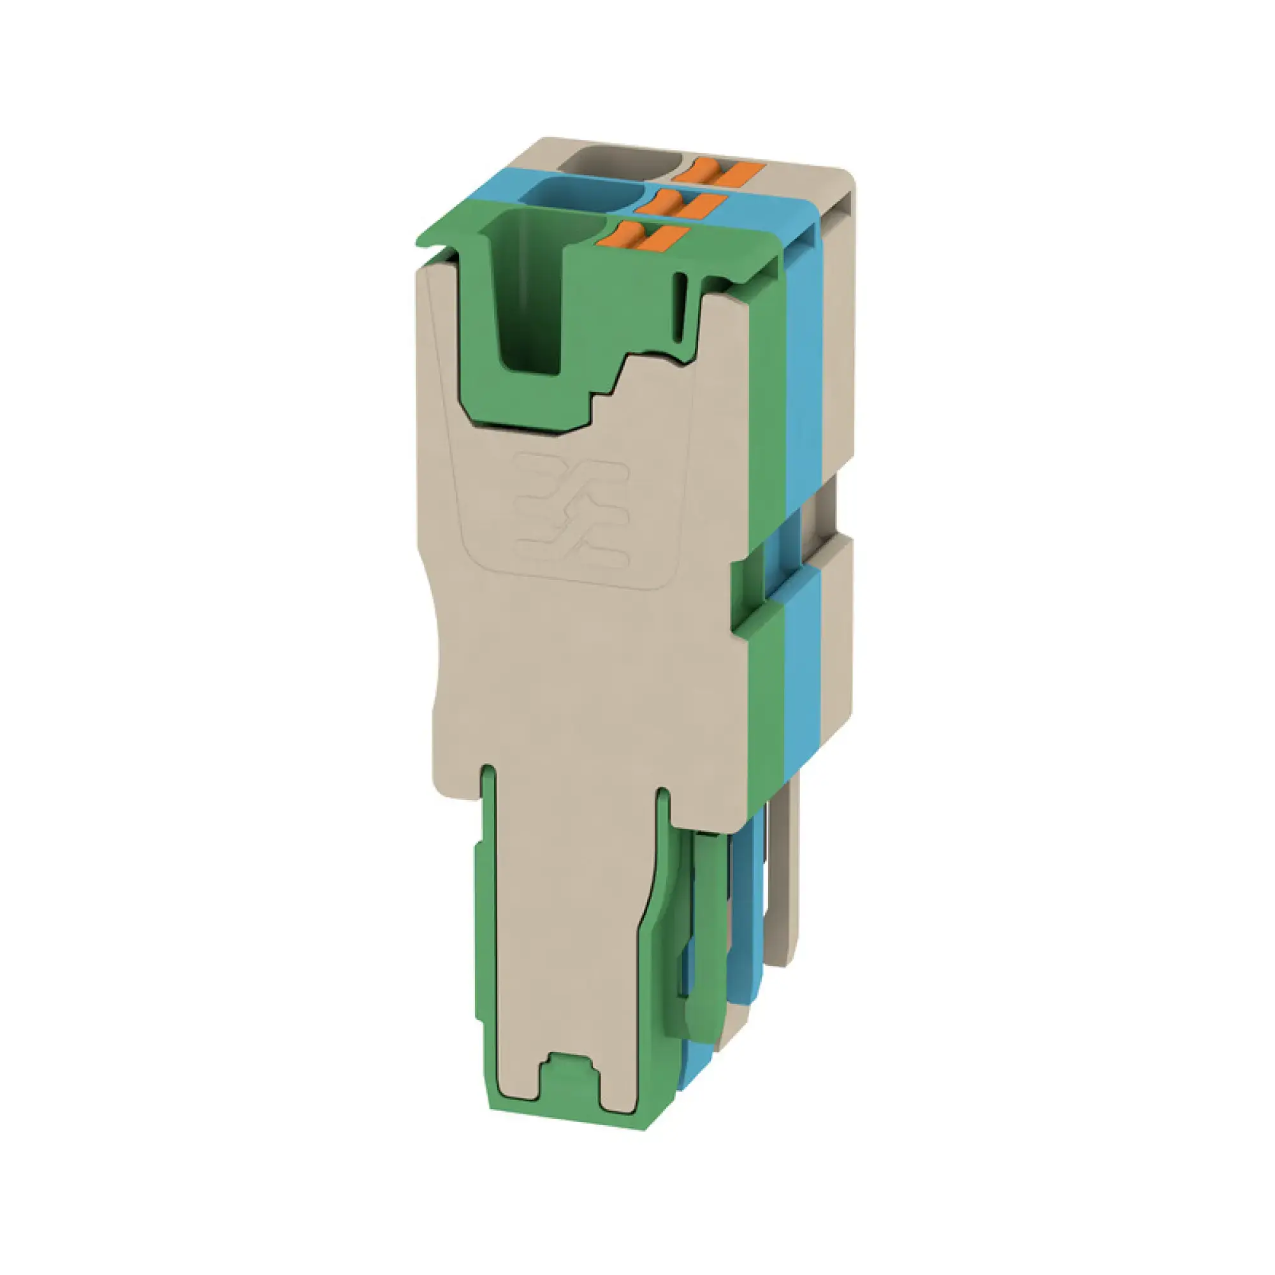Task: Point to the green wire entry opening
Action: [x=528, y=290]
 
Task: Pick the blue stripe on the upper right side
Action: [x=805, y=343]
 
